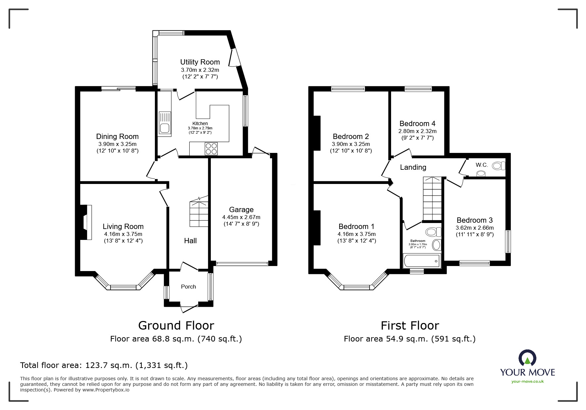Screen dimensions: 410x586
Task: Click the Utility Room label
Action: click(x=200, y=62)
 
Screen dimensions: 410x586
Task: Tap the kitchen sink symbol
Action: click(x=164, y=123)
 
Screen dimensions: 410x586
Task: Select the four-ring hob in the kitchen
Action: click(x=211, y=148)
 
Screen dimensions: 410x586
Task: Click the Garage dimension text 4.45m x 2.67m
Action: click(x=241, y=217)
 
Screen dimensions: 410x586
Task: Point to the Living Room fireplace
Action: click(x=87, y=222)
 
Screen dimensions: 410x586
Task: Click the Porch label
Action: click(x=188, y=287)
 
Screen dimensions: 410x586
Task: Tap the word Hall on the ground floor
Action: click(x=190, y=241)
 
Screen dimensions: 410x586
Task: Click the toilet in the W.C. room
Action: click(x=498, y=165)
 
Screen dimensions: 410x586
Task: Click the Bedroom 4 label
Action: click(x=417, y=123)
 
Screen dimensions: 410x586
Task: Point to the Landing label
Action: click(x=413, y=167)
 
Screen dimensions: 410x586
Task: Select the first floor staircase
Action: click(x=432, y=199)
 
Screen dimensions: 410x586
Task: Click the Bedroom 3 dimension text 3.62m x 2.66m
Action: click(x=474, y=228)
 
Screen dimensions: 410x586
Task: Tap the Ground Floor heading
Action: click(x=176, y=325)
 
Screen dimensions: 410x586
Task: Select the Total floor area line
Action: click(x=104, y=365)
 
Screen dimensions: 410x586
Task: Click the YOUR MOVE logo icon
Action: click(x=527, y=358)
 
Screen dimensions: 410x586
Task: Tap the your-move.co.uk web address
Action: click(x=527, y=382)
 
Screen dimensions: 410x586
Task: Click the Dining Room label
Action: click(x=117, y=136)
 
